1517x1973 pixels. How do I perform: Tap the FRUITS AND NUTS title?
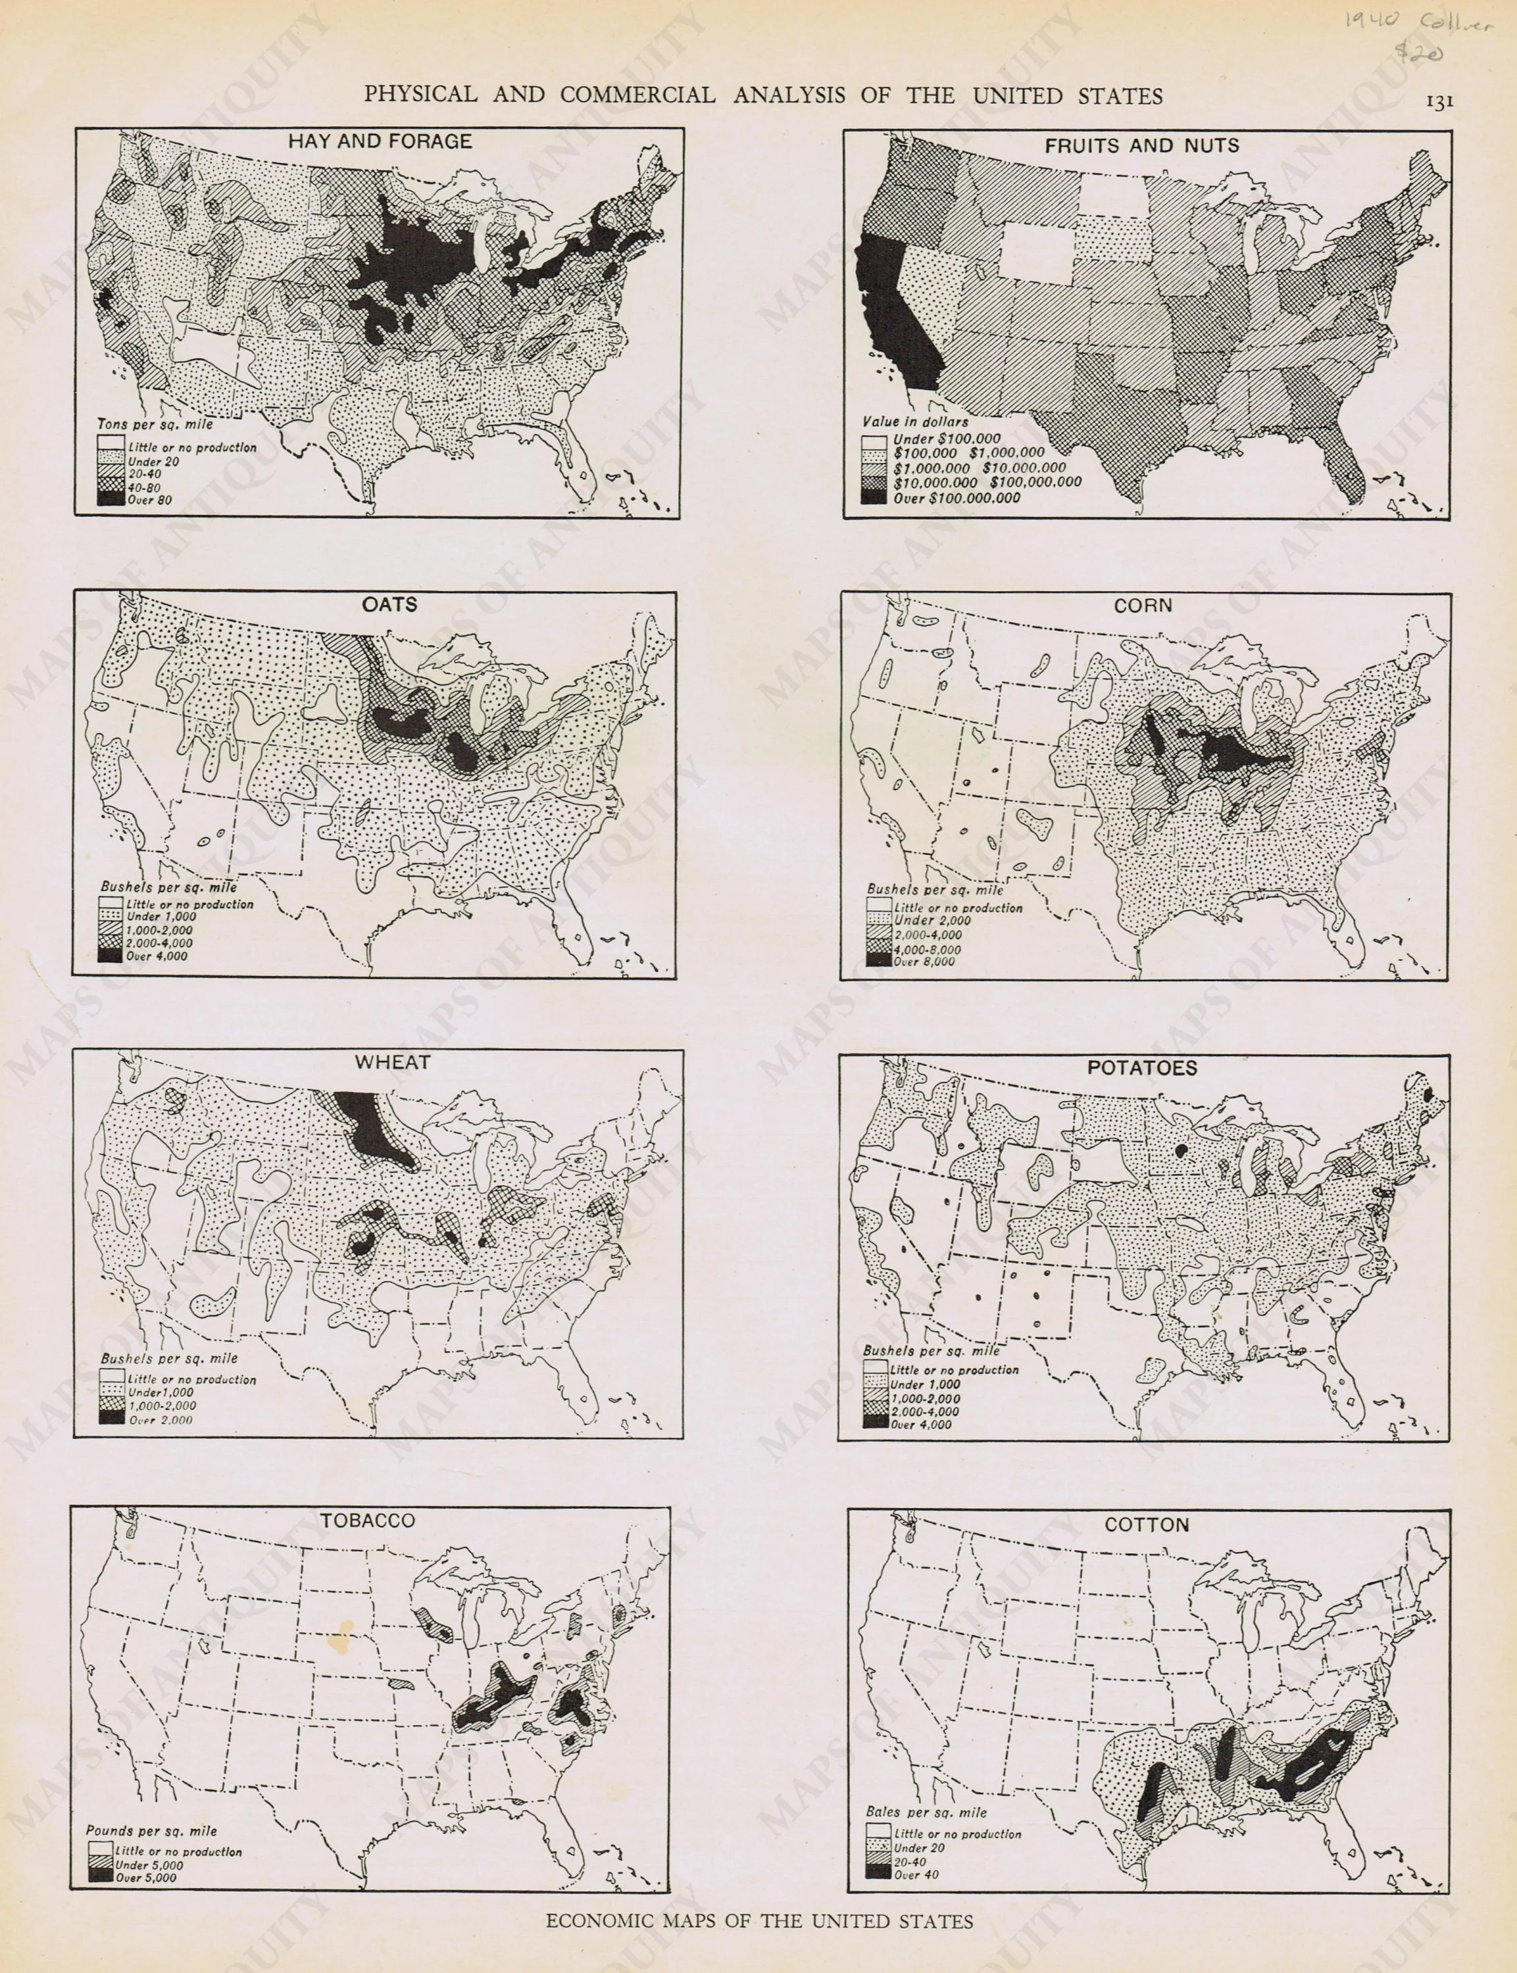coord(1141,145)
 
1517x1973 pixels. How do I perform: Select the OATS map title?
coord(389,604)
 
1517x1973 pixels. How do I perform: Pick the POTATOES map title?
coord(1141,1068)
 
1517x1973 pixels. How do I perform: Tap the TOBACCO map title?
coord(368,1521)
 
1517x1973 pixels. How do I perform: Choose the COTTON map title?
coord(1146,1524)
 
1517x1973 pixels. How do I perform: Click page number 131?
coord(1439,102)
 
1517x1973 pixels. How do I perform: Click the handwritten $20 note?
coord(1418,54)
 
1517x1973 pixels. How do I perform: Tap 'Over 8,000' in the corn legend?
coord(923,962)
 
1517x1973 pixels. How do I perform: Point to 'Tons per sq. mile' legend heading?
coord(156,424)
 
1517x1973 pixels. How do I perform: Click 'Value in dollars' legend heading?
coord(914,422)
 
